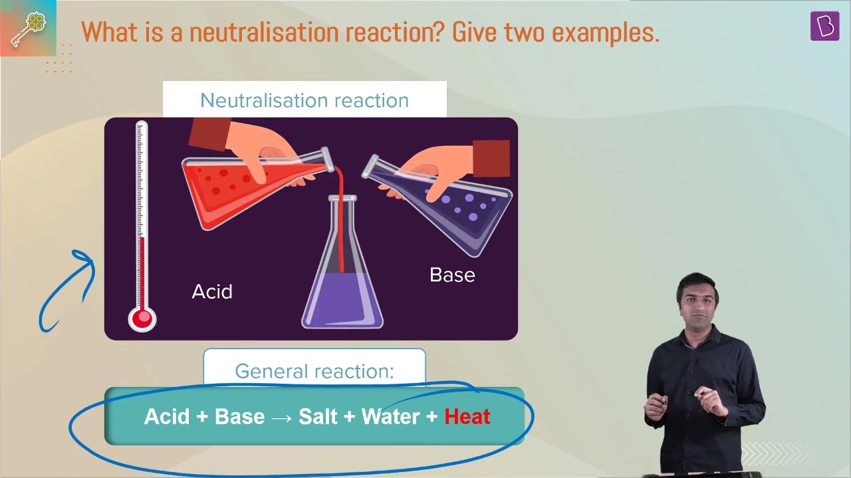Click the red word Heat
[467, 416]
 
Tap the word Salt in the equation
[318, 416]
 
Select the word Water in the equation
[390, 416]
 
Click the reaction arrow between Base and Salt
[282, 418]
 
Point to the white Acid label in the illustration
[212, 291]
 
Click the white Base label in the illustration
[452, 275]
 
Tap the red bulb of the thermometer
[142, 319]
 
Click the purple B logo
[825, 26]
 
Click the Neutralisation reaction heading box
[304, 100]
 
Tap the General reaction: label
[314, 370]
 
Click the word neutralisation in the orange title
[265, 32]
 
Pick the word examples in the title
[606, 33]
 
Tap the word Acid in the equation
[166, 416]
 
